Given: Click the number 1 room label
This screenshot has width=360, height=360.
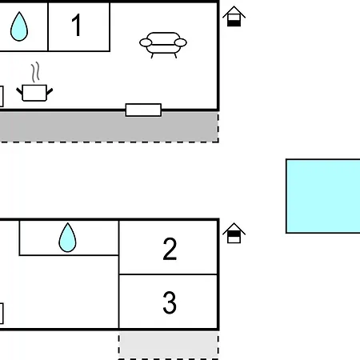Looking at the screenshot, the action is pyautogui.click(x=77, y=25).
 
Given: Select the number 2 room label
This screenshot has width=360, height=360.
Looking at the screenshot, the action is pyautogui.click(x=170, y=249).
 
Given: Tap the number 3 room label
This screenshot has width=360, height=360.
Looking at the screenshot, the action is pyautogui.click(x=170, y=302).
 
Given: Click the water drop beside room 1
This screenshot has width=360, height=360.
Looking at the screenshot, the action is pyautogui.click(x=19, y=26).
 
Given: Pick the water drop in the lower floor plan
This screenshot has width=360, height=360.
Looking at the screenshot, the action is pyautogui.click(x=67, y=238).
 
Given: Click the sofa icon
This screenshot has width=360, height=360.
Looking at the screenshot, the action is pyautogui.click(x=163, y=45).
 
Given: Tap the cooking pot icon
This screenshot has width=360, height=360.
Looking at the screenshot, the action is pyautogui.click(x=34, y=93).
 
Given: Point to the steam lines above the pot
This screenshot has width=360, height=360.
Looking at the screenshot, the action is pyautogui.click(x=35, y=72).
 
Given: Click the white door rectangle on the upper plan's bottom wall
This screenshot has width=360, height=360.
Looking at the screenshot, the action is pyautogui.click(x=143, y=110).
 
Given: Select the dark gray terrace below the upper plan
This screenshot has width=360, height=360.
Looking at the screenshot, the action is pyautogui.click(x=109, y=126).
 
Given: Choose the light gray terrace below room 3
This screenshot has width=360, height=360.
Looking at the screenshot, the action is pyautogui.click(x=169, y=346).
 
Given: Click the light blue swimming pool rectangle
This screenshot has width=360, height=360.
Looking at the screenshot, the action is pyautogui.click(x=323, y=196).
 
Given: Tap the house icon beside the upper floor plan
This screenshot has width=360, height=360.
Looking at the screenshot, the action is pyautogui.click(x=234, y=16).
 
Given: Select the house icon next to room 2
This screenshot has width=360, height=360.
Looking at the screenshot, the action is pyautogui.click(x=234, y=233).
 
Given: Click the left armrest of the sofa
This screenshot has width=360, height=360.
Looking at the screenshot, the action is pyautogui.click(x=146, y=42).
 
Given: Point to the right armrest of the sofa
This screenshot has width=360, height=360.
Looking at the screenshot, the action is pyautogui.click(x=181, y=42).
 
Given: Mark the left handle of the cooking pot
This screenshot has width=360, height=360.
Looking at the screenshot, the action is pyautogui.click(x=19, y=91).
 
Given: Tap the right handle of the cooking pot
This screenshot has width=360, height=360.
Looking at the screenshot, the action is pyautogui.click(x=50, y=91).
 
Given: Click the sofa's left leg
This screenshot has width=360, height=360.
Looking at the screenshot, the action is pyautogui.click(x=152, y=55).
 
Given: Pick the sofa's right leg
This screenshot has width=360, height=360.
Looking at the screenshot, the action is pyautogui.click(x=175, y=55).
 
